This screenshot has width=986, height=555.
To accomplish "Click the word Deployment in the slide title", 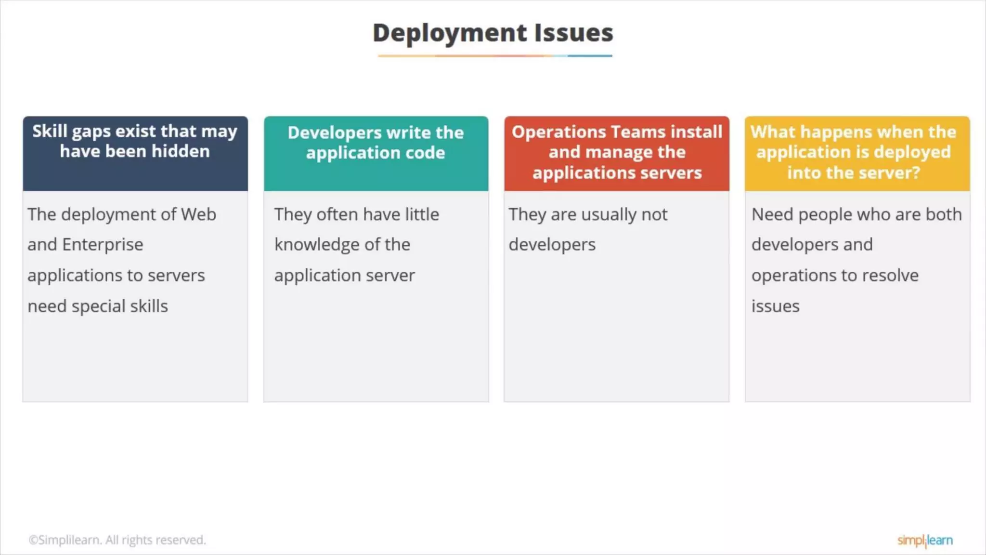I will coord(450,33).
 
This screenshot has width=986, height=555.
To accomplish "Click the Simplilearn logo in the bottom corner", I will coord(925,541).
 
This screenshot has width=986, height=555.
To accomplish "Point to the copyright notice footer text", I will coord(117,540).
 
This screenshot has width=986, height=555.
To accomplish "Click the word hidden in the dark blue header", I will coord(181,151).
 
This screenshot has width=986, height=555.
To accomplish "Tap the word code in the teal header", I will coord(425,153).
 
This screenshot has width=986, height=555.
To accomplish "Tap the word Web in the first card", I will coord(198,214).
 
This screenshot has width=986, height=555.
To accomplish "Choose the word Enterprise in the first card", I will coord(103,245).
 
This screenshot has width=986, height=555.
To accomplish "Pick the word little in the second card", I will coord(422,214).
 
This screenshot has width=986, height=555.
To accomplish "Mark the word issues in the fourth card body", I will coord(775,306).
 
